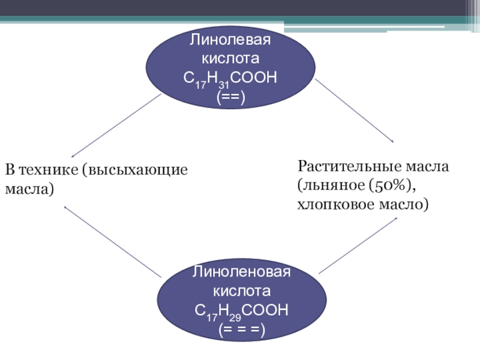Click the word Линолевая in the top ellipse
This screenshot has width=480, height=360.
(x=230, y=40)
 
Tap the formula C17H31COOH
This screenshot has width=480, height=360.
(x=230, y=79)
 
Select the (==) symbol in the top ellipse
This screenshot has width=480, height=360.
(x=231, y=98)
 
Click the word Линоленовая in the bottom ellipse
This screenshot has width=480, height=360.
(x=241, y=272)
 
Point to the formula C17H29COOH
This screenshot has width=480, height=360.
(x=242, y=311)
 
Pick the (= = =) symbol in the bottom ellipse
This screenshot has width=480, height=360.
(x=242, y=330)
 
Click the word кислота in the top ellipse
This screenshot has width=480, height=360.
(x=230, y=58)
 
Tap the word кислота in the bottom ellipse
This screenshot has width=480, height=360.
(x=242, y=291)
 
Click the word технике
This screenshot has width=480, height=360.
(x=49, y=170)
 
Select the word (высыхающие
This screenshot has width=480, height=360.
(x=135, y=170)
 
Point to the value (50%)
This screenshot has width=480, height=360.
(x=392, y=185)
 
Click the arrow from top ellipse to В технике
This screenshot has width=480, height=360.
(x=116, y=126)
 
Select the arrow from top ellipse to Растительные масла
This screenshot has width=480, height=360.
(x=355, y=110)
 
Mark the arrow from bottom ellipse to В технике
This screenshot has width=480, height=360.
(x=113, y=242)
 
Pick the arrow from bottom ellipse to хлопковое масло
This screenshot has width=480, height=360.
(x=358, y=245)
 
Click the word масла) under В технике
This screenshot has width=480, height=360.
(x=29, y=189)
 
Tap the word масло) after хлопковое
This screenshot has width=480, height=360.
(x=404, y=205)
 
